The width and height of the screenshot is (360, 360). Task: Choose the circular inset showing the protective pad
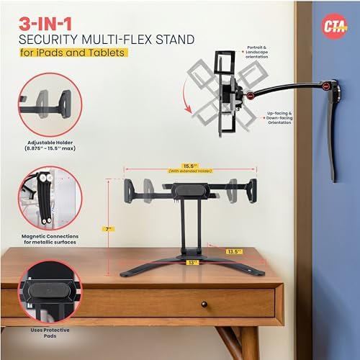click(49, 296)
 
